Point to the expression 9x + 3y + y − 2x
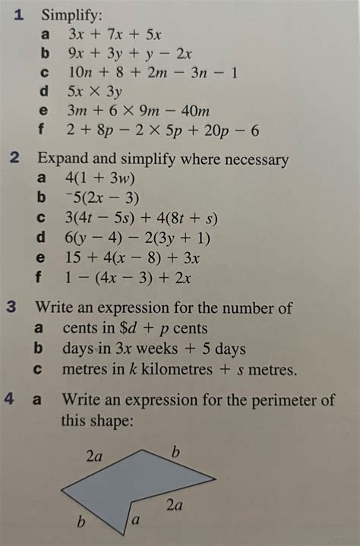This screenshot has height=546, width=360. [130, 53]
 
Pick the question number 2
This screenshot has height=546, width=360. [16, 159]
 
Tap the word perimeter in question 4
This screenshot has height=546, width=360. [295, 399]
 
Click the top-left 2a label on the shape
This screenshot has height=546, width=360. [94, 456]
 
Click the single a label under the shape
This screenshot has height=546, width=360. [136, 521]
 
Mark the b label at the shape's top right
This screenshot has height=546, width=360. [176, 454]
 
